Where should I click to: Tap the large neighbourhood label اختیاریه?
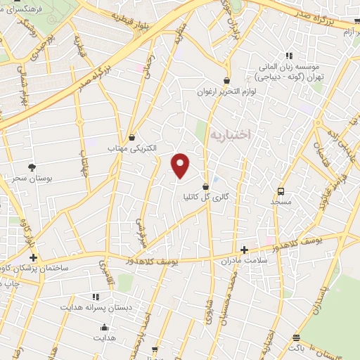(x=230, y=134)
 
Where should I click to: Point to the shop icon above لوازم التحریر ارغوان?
(x=226, y=80)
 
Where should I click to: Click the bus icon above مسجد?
(x=281, y=191)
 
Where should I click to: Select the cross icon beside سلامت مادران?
(x=244, y=250)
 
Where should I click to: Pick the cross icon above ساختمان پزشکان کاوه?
(x=33, y=257)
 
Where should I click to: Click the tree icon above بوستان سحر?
(x=32, y=167)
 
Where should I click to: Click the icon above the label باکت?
(x=296, y=337)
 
